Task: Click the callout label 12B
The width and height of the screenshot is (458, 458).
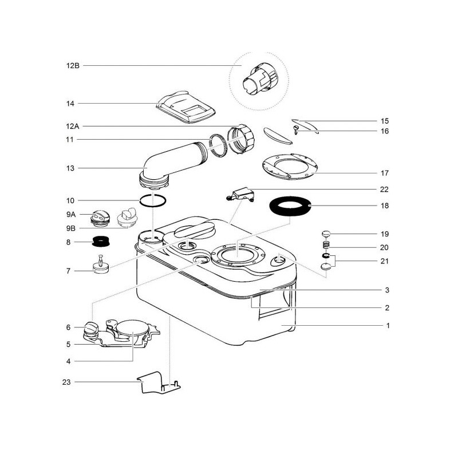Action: tap(73, 66)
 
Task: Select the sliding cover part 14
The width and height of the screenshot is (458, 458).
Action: tap(184, 108)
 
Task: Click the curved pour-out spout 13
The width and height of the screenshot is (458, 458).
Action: tap(172, 160)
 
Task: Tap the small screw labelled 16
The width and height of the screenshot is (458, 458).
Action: tap(297, 129)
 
